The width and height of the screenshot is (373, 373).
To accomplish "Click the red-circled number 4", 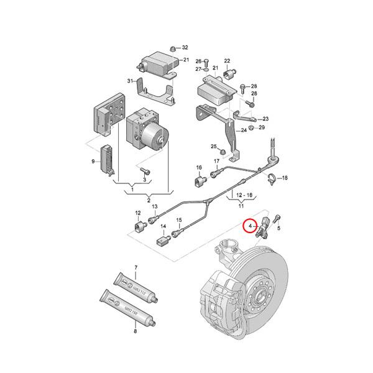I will [251, 227].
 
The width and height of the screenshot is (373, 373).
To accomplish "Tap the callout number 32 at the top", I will [185, 47].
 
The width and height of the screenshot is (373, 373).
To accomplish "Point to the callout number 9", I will [94, 162].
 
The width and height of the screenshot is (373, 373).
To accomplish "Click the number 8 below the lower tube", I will [135, 332].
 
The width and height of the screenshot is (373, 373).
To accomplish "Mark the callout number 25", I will [213, 147].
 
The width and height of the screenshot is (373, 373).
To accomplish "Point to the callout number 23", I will [265, 118].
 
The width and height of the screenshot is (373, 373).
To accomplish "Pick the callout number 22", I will [228, 60].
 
